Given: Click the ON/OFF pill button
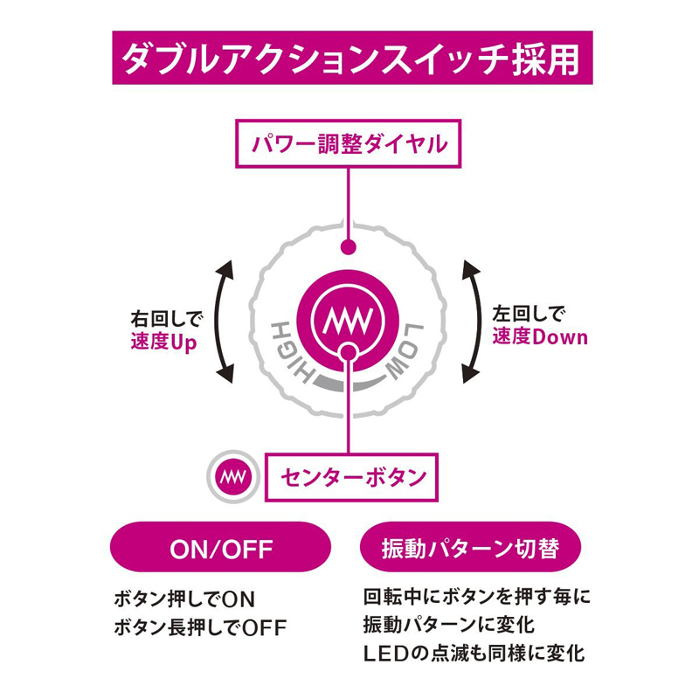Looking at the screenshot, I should point(220,549).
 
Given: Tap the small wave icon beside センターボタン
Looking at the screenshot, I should point(232,477).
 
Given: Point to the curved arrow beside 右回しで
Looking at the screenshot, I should point(224,319).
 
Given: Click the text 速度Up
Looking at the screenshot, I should point(163,342).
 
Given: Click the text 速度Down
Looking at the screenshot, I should point(539,337).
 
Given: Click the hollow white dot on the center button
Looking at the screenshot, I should point(349,351).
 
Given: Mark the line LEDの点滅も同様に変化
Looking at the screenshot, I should point(474,653).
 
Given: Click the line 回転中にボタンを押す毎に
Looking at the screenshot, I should point(477,599).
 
